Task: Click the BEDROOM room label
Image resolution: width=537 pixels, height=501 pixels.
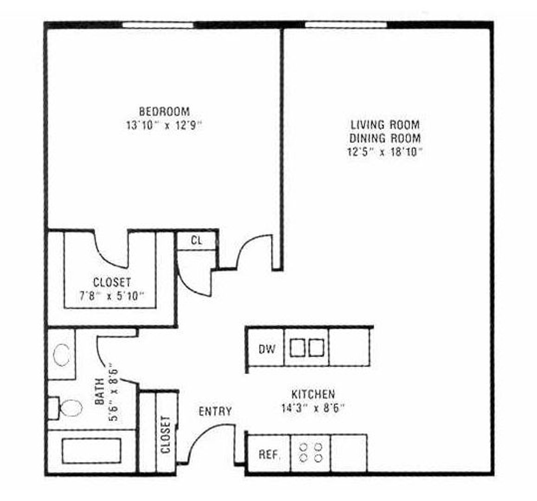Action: [x=164, y=112]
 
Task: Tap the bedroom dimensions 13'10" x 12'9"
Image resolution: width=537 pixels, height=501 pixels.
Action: [x=164, y=126]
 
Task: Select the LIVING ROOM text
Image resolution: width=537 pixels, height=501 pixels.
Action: [x=385, y=125]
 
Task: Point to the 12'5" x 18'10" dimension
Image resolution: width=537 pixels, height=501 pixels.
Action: [x=385, y=152]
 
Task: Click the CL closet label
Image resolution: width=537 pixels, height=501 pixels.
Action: [x=196, y=241]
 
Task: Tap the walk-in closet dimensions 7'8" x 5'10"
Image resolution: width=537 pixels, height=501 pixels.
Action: [x=111, y=295]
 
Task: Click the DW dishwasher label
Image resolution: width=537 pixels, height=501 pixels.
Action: [x=266, y=349]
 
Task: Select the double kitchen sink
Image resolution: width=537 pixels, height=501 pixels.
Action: [x=306, y=347]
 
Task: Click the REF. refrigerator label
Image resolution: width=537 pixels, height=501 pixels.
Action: [x=269, y=454]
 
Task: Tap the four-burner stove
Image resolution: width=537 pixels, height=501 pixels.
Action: [x=311, y=452]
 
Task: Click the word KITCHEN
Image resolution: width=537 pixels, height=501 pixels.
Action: [x=313, y=394]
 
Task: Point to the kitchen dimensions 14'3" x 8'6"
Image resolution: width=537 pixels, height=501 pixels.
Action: [x=313, y=408]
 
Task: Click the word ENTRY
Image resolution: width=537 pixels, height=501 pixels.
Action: [x=215, y=411]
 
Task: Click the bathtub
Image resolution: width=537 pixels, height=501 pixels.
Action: [x=91, y=450]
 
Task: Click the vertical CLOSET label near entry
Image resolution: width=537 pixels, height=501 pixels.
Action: [x=166, y=435]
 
